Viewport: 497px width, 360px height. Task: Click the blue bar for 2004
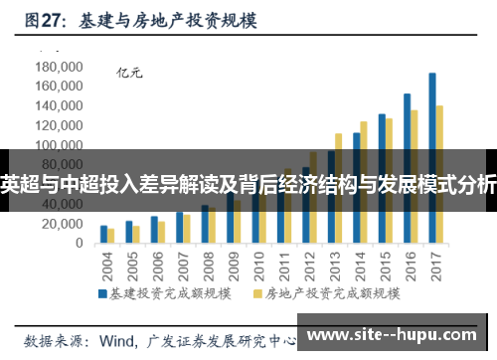pos(103,235)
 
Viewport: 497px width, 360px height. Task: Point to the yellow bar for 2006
pos(161,232)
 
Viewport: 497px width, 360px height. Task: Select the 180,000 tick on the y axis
pos(58,67)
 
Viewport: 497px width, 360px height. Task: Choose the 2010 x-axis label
pos(259,266)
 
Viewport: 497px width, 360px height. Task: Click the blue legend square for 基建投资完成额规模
pos(101,293)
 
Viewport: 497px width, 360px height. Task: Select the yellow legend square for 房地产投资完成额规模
pos(257,293)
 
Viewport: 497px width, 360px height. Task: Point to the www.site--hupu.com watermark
pos(398,330)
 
